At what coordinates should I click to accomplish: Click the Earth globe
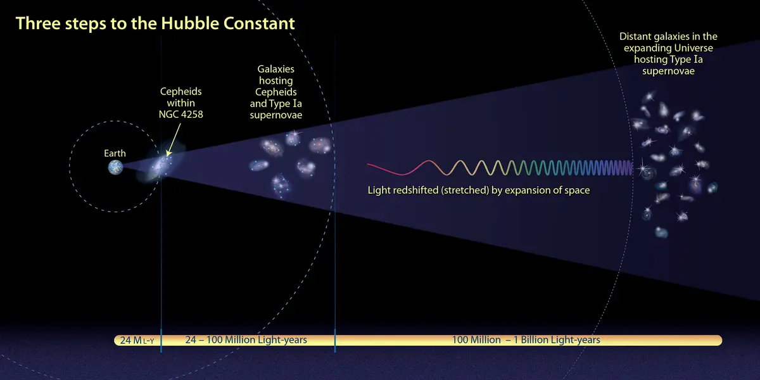(115, 167)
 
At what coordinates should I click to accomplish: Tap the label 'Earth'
(115, 153)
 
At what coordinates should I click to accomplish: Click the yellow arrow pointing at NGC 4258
(174, 140)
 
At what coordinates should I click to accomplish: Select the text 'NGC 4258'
(181, 115)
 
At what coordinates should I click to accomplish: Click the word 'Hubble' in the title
(190, 23)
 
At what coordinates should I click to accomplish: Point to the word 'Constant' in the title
(259, 23)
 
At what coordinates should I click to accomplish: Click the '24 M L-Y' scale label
(137, 340)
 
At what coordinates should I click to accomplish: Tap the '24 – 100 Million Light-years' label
(246, 339)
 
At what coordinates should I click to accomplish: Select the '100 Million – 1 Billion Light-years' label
(526, 339)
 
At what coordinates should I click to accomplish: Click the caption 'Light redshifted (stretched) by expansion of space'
(479, 191)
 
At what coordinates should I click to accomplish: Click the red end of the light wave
(368, 165)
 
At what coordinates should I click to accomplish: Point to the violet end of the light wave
(632, 168)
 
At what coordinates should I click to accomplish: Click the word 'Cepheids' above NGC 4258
(181, 92)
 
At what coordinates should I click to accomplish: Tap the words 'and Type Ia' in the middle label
(276, 103)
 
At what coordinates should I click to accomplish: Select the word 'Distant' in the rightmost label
(636, 36)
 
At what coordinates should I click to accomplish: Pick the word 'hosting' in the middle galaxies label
(276, 81)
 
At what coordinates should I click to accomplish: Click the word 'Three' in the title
(38, 23)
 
